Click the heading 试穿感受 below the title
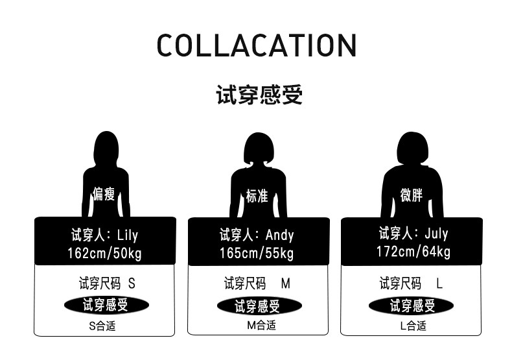click(x=259, y=95)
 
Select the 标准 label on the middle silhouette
click(x=257, y=197)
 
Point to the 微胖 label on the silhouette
click(x=412, y=195)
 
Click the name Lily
click(x=128, y=235)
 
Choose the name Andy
click(x=279, y=235)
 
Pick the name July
click(x=436, y=234)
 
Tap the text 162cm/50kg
click(x=104, y=253)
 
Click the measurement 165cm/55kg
click(x=257, y=253)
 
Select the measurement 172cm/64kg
click(x=413, y=252)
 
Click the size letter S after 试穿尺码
click(x=132, y=283)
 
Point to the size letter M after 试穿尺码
click(x=286, y=283)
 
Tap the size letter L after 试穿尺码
click(x=439, y=283)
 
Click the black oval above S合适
click(x=106, y=305)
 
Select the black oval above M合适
click(x=258, y=306)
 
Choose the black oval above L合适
click(x=412, y=305)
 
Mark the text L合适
click(x=413, y=326)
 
